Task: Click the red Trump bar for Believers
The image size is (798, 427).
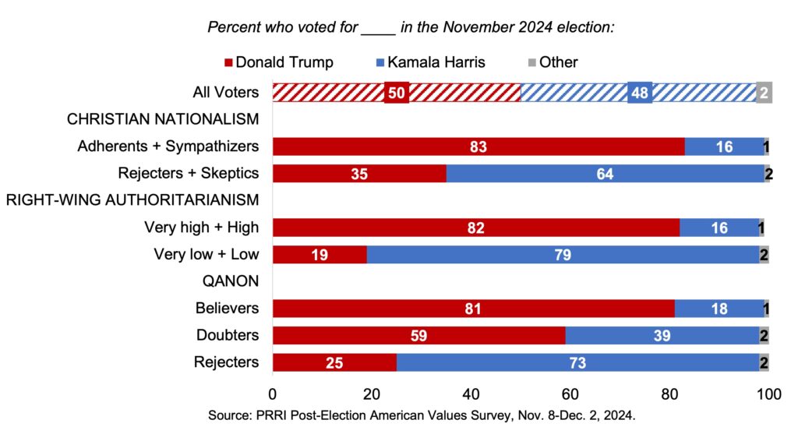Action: click(x=472, y=309)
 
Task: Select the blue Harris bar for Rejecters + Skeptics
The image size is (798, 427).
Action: click(x=605, y=173)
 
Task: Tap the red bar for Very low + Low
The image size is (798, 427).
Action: click(x=319, y=255)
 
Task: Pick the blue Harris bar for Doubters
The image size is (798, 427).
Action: click(x=662, y=336)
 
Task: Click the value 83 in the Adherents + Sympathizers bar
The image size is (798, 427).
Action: click(x=478, y=146)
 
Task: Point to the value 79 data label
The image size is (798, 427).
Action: click(x=563, y=255)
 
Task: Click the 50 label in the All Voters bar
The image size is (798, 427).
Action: click(x=396, y=92)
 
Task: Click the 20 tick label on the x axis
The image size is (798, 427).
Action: click(x=371, y=394)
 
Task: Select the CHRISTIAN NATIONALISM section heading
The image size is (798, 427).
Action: click(x=163, y=119)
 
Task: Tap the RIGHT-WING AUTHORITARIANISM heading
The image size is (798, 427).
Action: click(x=132, y=200)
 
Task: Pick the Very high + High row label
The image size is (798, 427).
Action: click(x=201, y=228)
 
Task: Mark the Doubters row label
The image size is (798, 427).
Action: click(x=227, y=336)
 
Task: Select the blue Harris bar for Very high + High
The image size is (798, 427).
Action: click(x=719, y=228)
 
